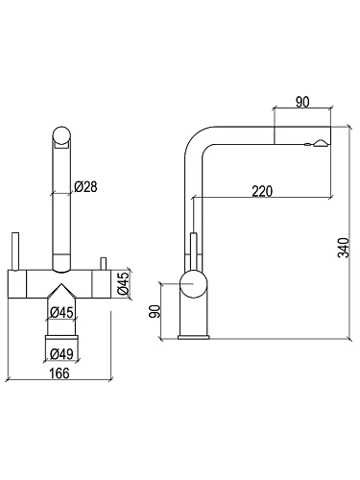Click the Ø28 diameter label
pyautogui.click(x=85, y=186)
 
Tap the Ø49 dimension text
pyautogui.click(x=61, y=353)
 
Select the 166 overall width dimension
pyautogui.click(x=59, y=373)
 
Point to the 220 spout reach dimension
pyautogui.click(x=262, y=191)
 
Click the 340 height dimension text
pyautogui.click(x=344, y=248)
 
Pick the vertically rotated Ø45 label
pyautogui.click(x=123, y=283)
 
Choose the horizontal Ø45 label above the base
pyautogui.click(x=61, y=312)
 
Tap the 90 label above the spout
pyautogui.click(x=302, y=102)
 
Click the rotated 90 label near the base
pyautogui.click(x=155, y=312)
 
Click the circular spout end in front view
pyautogui.click(x=61, y=135)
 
